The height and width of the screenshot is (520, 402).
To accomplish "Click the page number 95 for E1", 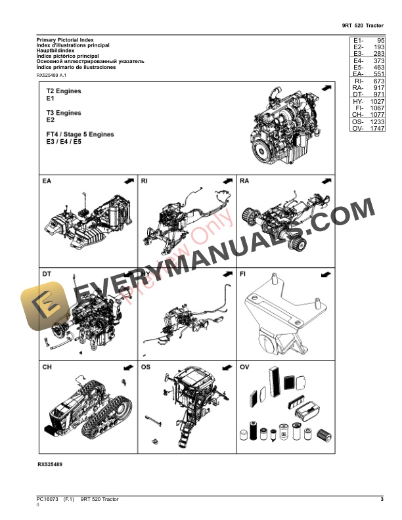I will [x=379, y=41].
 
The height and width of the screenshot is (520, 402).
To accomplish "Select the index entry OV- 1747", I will [x=367, y=129].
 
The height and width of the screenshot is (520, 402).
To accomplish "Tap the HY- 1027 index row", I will [x=367, y=102].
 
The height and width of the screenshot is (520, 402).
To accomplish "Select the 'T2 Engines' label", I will [x=64, y=91].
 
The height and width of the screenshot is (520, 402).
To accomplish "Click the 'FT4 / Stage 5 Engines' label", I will [x=79, y=134].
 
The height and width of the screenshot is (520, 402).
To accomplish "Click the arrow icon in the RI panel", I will [x=227, y=181].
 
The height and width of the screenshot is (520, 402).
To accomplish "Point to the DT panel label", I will [x=47, y=273].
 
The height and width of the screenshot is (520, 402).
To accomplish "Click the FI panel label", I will [x=243, y=273].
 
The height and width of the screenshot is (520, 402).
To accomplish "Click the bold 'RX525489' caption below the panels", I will [x=50, y=464].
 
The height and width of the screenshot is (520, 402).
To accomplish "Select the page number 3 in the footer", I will [x=382, y=501].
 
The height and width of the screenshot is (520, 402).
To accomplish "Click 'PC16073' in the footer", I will [x=47, y=501].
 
